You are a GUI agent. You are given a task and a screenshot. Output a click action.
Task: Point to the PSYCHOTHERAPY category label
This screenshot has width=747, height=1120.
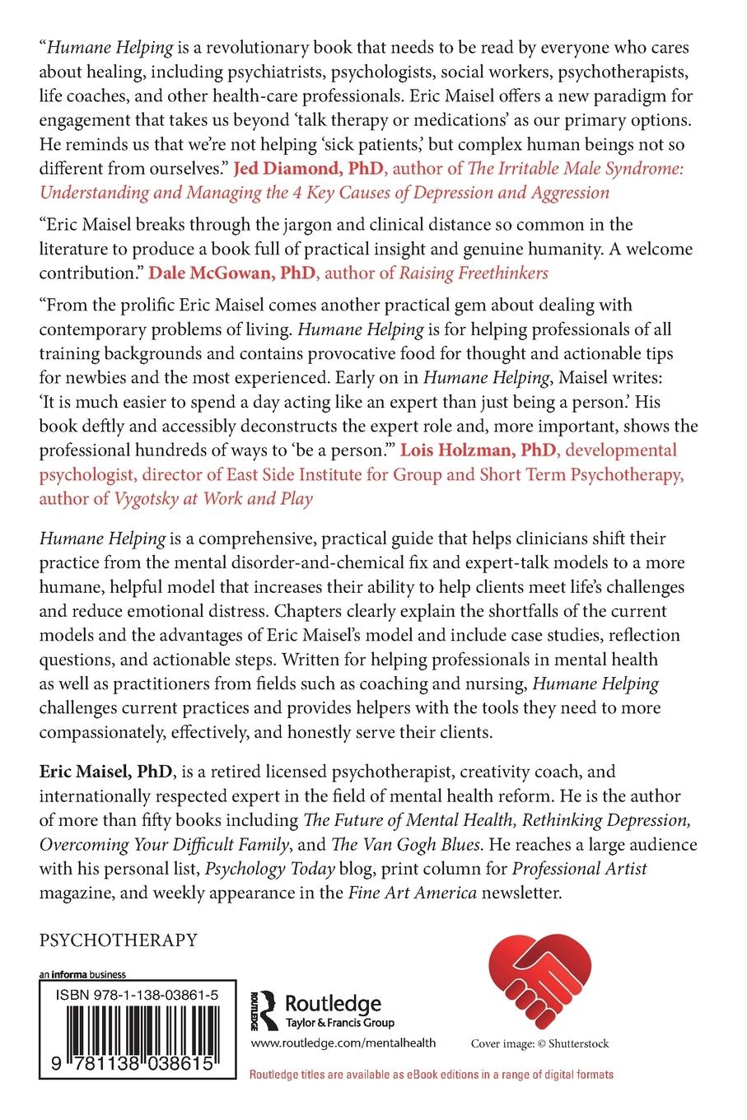click(117, 939)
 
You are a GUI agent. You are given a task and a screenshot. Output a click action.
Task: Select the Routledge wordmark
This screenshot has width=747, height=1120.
click(332, 1003)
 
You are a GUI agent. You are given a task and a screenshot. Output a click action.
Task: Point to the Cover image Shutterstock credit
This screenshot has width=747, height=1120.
click(539, 1043)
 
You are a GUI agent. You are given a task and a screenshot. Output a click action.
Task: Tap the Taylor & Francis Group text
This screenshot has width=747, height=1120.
click(338, 1022)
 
